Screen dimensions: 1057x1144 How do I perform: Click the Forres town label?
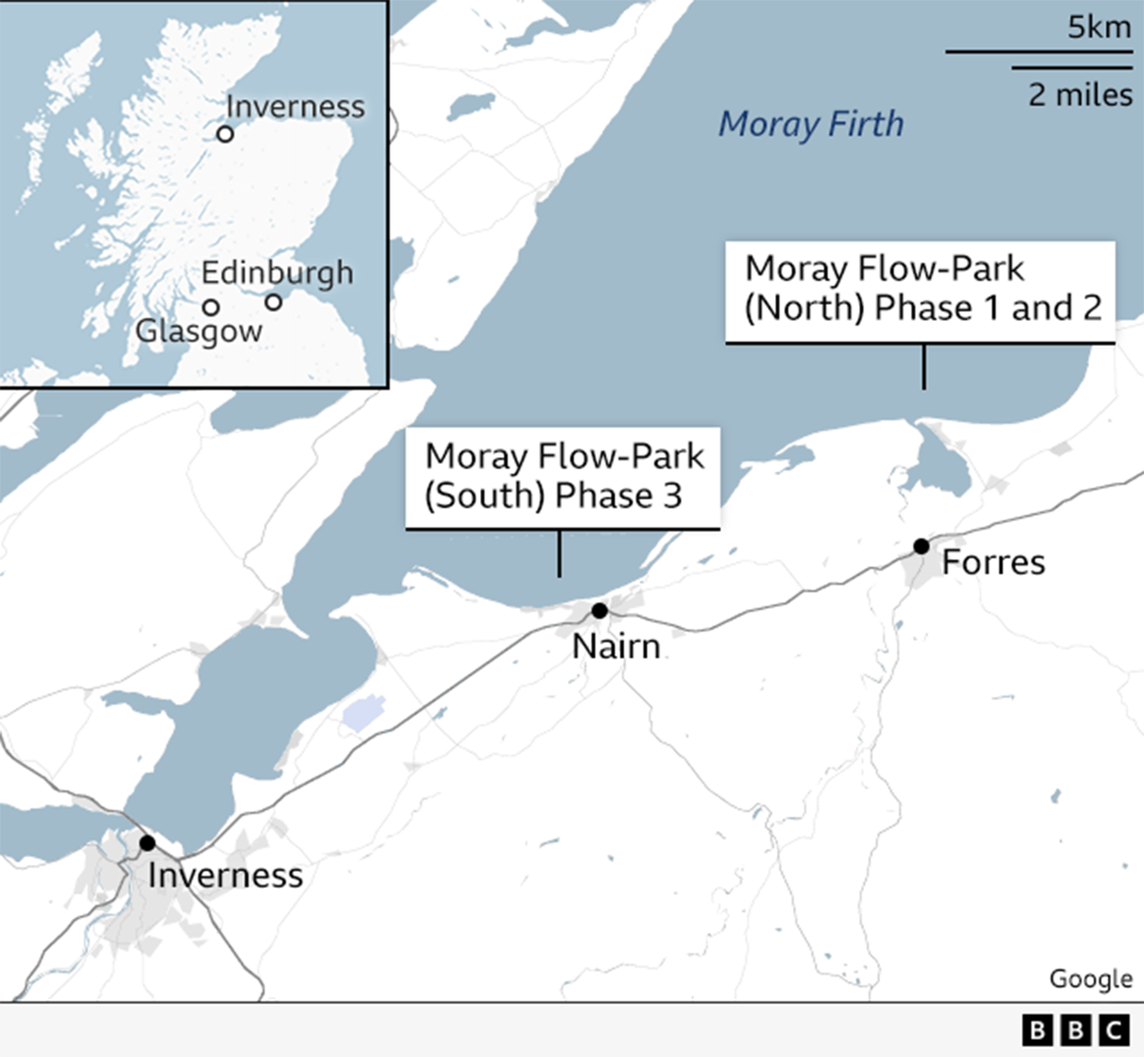tap(993, 562)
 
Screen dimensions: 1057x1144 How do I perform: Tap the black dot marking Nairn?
tap(600, 611)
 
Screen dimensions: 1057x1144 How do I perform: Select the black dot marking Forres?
tap(921, 545)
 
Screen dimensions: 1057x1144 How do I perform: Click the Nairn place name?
tap(616, 646)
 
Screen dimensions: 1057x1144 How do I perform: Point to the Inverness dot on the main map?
tap(147, 842)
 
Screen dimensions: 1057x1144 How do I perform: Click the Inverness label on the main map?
tap(225, 875)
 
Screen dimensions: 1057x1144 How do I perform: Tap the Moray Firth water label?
tap(811, 123)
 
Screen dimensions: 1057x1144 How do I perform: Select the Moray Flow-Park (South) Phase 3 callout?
tap(562, 477)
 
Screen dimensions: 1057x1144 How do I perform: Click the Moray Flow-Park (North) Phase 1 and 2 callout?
tap(920, 290)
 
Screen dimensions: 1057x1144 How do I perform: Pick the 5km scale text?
tap(1098, 27)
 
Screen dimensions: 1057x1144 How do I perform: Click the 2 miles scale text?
tap(1080, 95)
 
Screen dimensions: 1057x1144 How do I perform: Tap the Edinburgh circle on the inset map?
tap(273, 302)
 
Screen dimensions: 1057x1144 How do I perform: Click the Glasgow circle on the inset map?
tap(211, 308)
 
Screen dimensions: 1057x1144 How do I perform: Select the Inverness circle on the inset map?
tap(225, 134)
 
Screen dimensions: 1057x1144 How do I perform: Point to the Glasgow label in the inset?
tap(198, 332)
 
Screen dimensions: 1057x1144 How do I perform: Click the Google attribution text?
tap(1090, 978)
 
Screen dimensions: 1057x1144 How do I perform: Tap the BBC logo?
tap(1075, 1030)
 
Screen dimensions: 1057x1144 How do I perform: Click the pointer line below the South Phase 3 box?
tap(559, 553)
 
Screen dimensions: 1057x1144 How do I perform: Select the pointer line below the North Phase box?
tap(923, 367)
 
